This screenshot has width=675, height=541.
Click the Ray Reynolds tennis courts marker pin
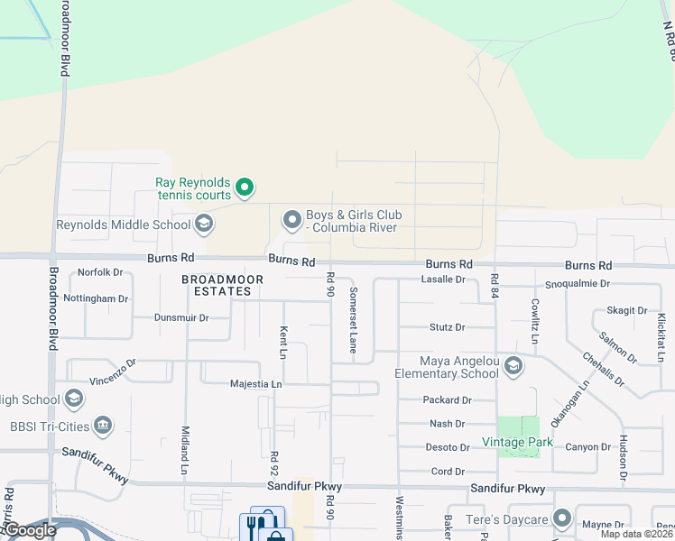coord(244,188)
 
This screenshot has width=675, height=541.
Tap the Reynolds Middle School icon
coord(204,224)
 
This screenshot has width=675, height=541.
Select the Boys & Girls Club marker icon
coord(291,220)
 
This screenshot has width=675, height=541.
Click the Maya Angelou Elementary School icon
coord(513,366)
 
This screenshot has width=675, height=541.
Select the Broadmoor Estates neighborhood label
coord(222,285)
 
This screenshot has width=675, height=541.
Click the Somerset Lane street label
coord(354,319)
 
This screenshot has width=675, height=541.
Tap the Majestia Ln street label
coord(254,384)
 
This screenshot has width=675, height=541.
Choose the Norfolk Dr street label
coord(100,272)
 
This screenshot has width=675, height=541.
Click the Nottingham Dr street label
coord(97,298)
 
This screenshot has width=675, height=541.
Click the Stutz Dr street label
coord(447,327)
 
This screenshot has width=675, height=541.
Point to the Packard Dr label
coord(447,399)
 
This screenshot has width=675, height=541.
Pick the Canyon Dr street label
coord(588,447)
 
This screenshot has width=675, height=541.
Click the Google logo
coord(30,530)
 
